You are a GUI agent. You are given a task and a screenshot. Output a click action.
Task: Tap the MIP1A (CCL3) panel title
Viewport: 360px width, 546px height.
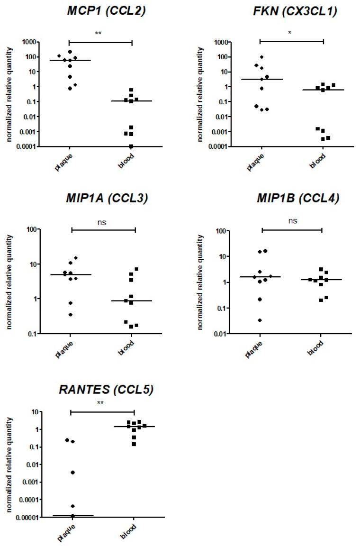109,199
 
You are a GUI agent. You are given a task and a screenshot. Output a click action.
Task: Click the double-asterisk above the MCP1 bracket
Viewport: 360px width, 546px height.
100,34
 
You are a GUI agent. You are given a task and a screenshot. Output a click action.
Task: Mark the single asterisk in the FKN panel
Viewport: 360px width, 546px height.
291,34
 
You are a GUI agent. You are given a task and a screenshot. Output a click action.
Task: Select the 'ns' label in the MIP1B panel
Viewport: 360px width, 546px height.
292,221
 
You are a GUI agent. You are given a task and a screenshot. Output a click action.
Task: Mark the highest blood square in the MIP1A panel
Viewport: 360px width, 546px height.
136,269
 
